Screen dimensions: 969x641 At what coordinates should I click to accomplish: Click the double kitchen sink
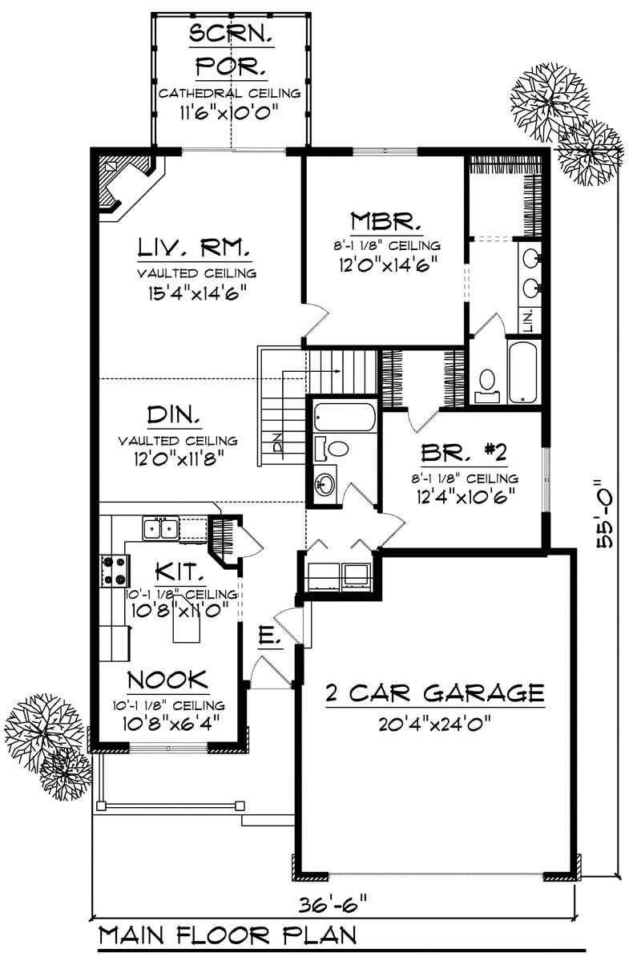[161, 528]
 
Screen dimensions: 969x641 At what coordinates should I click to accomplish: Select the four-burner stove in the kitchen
[114, 570]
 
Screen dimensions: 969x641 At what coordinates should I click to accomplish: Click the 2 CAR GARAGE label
[435, 691]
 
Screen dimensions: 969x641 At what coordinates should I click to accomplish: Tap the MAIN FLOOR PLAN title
[228, 935]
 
